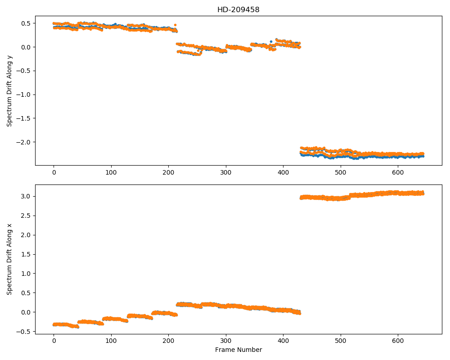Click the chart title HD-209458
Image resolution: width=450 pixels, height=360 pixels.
[x=238, y=10]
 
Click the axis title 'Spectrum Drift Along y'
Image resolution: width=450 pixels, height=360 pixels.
[x=9, y=90]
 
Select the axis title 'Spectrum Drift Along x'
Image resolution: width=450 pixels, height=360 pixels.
[x=9, y=259]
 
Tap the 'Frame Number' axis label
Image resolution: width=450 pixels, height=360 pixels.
[x=238, y=350]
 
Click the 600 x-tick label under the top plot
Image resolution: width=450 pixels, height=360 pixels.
[x=398, y=172]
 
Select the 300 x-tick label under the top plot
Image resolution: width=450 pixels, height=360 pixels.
[x=226, y=172]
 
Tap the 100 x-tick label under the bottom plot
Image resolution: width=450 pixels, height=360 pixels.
[x=111, y=341]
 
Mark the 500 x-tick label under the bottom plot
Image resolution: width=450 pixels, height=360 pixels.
[x=341, y=341]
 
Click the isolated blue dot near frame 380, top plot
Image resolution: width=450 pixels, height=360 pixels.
[x=271, y=42]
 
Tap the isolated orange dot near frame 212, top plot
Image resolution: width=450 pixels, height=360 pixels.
[x=175, y=25]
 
